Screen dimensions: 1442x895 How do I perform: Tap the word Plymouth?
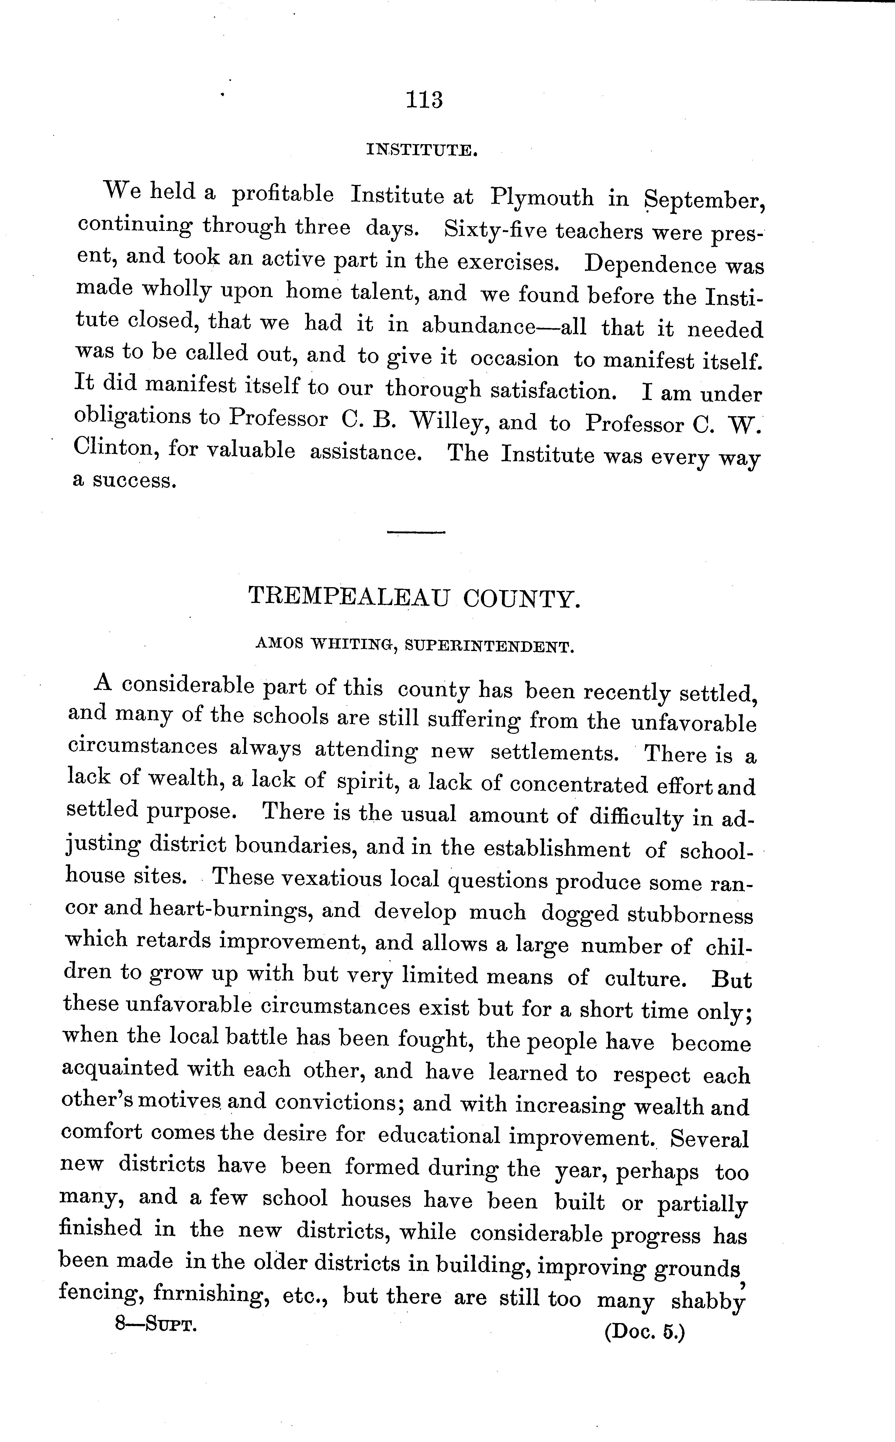tap(542, 197)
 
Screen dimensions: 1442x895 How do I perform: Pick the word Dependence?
tap(649, 264)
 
